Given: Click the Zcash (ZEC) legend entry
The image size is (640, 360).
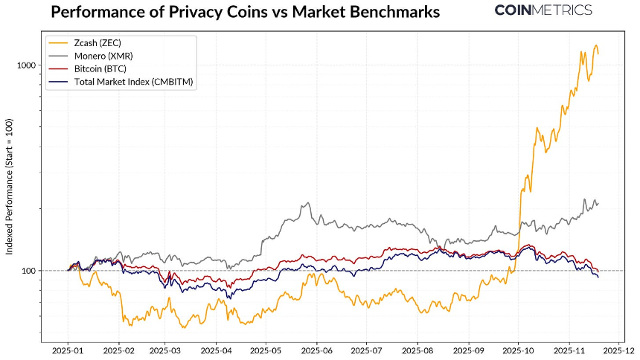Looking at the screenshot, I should point(95,42).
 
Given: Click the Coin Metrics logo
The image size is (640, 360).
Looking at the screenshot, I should point(543,10).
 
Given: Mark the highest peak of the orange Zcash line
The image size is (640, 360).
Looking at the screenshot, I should point(596,45).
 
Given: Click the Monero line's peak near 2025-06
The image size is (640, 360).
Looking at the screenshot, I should point(305,202).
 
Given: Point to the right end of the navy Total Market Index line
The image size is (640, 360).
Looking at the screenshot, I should point(598,277).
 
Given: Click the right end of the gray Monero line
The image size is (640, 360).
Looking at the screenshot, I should point(598,203).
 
